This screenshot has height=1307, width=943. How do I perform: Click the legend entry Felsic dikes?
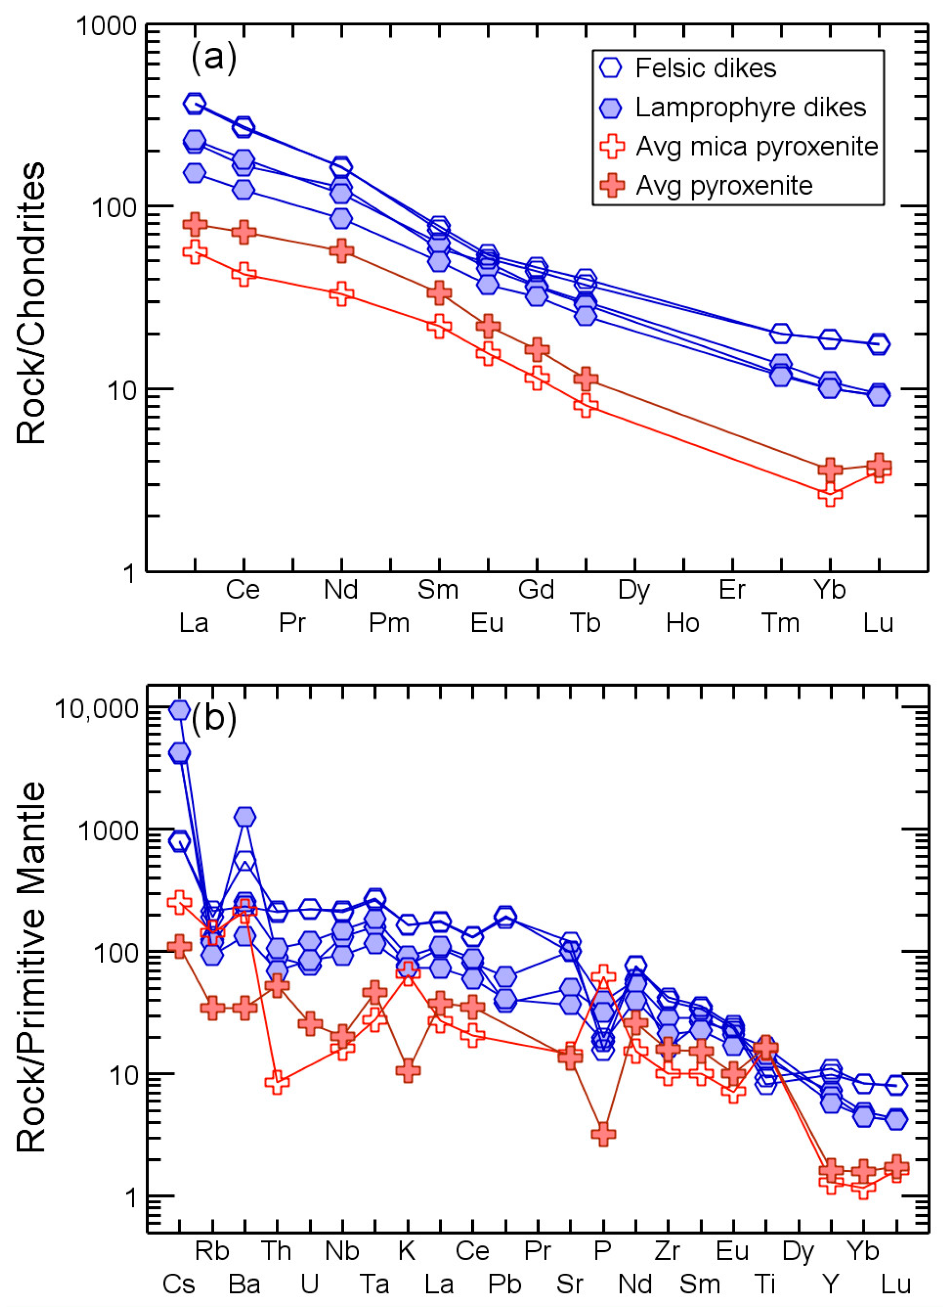tap(705, 68)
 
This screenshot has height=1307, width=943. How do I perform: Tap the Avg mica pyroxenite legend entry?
tap(756, 146)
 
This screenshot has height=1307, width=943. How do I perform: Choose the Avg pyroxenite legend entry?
tap(724, 186)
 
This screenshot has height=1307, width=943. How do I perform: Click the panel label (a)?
tap(214, 58)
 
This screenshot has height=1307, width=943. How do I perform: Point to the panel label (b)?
tap(214, 718)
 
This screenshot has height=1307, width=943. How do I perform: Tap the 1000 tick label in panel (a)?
tap(106, 27)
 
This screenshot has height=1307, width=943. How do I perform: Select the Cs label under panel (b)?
tap(179, 1284)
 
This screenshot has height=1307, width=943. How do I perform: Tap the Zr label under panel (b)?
tap(668, 1251)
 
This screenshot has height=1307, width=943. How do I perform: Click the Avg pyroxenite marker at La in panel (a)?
tap(195, 224)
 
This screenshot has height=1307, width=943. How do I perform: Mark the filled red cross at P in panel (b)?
tap(603, 1134)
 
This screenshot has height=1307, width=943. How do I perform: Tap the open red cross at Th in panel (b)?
tap(277, 1082)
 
